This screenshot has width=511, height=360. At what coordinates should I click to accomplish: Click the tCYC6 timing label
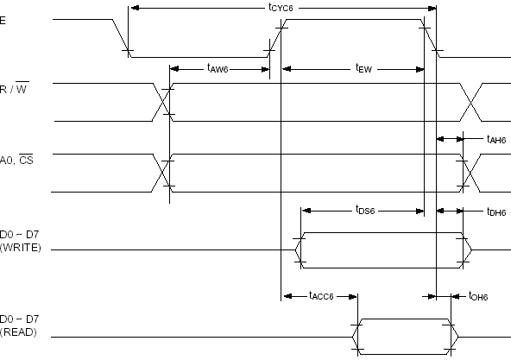pyautogui.click(x=281, y=8)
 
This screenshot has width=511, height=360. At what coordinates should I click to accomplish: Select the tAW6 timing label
pyautogui.click(x=218, y=68)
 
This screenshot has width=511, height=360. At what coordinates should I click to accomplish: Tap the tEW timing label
pyautogui.click(x=363, y=68)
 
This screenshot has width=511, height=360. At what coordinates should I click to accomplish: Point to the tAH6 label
pyautogui.click(x=496, y=139)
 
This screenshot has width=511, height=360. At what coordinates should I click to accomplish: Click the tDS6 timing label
pyautogui.click(x=365, y=210)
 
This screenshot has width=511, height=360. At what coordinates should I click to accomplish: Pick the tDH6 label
pyautogui.click(x=496, y=212)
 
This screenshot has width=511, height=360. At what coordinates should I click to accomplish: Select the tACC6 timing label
pyautogui.click(x=321, y=296)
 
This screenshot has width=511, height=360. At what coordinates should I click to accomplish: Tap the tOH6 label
pyautogui.click(x=478, y=296)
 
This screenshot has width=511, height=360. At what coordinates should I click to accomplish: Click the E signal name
pyautogui.click(x=3, y=21)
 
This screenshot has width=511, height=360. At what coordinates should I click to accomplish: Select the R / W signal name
pyautogui.click(x=15, y=88)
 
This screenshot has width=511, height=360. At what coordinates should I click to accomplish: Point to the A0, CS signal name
pyautogui.click(x=16, y=160)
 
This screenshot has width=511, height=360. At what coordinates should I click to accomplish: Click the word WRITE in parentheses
pyautogui.click(x=21, y=248)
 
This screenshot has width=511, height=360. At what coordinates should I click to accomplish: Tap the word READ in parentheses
pyautogui.click(x=18, y=332)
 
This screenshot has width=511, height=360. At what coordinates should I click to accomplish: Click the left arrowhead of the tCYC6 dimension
pyautogui.click(x=135, y=8)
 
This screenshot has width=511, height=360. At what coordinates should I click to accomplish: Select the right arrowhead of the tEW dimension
pyautogui.click(x=420, y=69)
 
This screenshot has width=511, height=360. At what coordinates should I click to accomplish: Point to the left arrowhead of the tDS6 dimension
pyautogui.click(x=306, y=211)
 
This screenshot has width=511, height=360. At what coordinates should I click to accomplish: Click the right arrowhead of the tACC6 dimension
pyautogui.click(x=353, y=296)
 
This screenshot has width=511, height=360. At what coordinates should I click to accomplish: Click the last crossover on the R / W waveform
pyautogui.click(x=470, y=102)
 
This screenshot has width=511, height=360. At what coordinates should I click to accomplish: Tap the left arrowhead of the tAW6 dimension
pyautogui.click(x=174, y=69)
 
